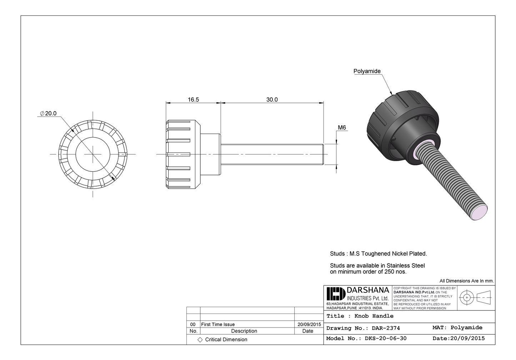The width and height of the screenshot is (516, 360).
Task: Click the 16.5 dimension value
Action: pyautogui.click(x=193, y=100)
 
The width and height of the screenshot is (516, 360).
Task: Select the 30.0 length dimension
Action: pyautogui.click(x=272, y=100)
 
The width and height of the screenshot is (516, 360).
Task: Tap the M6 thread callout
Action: pyautogui.click(x=342, y=127)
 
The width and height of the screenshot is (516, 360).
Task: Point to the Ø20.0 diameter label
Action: pyautogui.click(x=49, y=113)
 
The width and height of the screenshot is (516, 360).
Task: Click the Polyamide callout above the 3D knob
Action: pyautogui.click(x=367, y=71)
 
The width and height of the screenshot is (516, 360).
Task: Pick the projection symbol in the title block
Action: pyautogui.click(x=475, y=297)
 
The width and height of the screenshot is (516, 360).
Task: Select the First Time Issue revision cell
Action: pyautogui.click(x=218, y=324)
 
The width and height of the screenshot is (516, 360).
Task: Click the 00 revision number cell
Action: pyautogui.click(x=193, y=324)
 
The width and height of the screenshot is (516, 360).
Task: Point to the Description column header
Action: pyautogui.click(x=244, y=331)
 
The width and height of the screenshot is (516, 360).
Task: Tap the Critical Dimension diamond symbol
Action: pyautogui.click(x=200, y=339)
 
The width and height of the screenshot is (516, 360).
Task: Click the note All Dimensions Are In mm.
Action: pyautogui.click(x=466, y=281)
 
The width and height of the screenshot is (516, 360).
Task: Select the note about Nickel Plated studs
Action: pyautogui.click(x=378, y=254)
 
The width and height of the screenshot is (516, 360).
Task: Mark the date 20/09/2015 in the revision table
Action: pyautogui.click(x=309, y=324)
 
